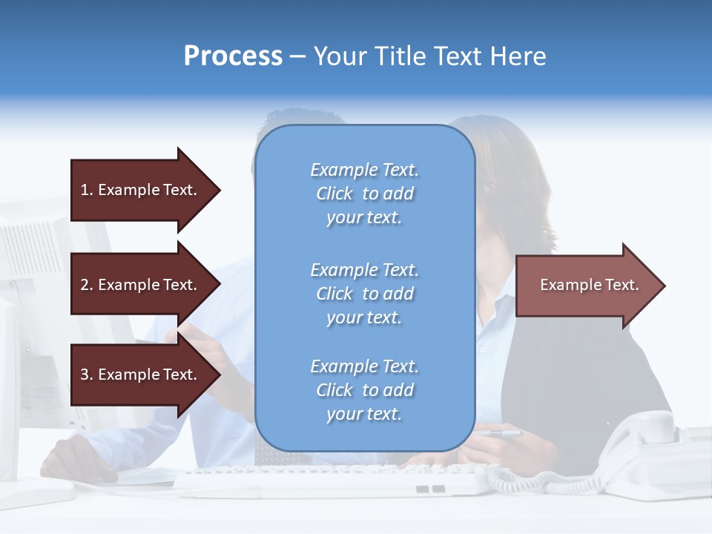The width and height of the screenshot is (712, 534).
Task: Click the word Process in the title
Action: (x=233, y=56)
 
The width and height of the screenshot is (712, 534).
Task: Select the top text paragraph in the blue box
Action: (x=364, y=194)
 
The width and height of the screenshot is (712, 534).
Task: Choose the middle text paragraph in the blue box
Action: (x=364, y=294)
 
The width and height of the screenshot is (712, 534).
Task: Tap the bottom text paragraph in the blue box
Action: (x=364, y=390)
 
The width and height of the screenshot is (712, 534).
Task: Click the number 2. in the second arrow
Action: (x=87, y=285)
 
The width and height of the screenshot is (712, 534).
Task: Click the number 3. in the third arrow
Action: (x=87, y=375)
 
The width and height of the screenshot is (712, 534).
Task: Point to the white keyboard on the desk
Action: (x=326, y=481)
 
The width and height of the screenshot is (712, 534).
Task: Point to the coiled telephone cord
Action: (x=519, y=482)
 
